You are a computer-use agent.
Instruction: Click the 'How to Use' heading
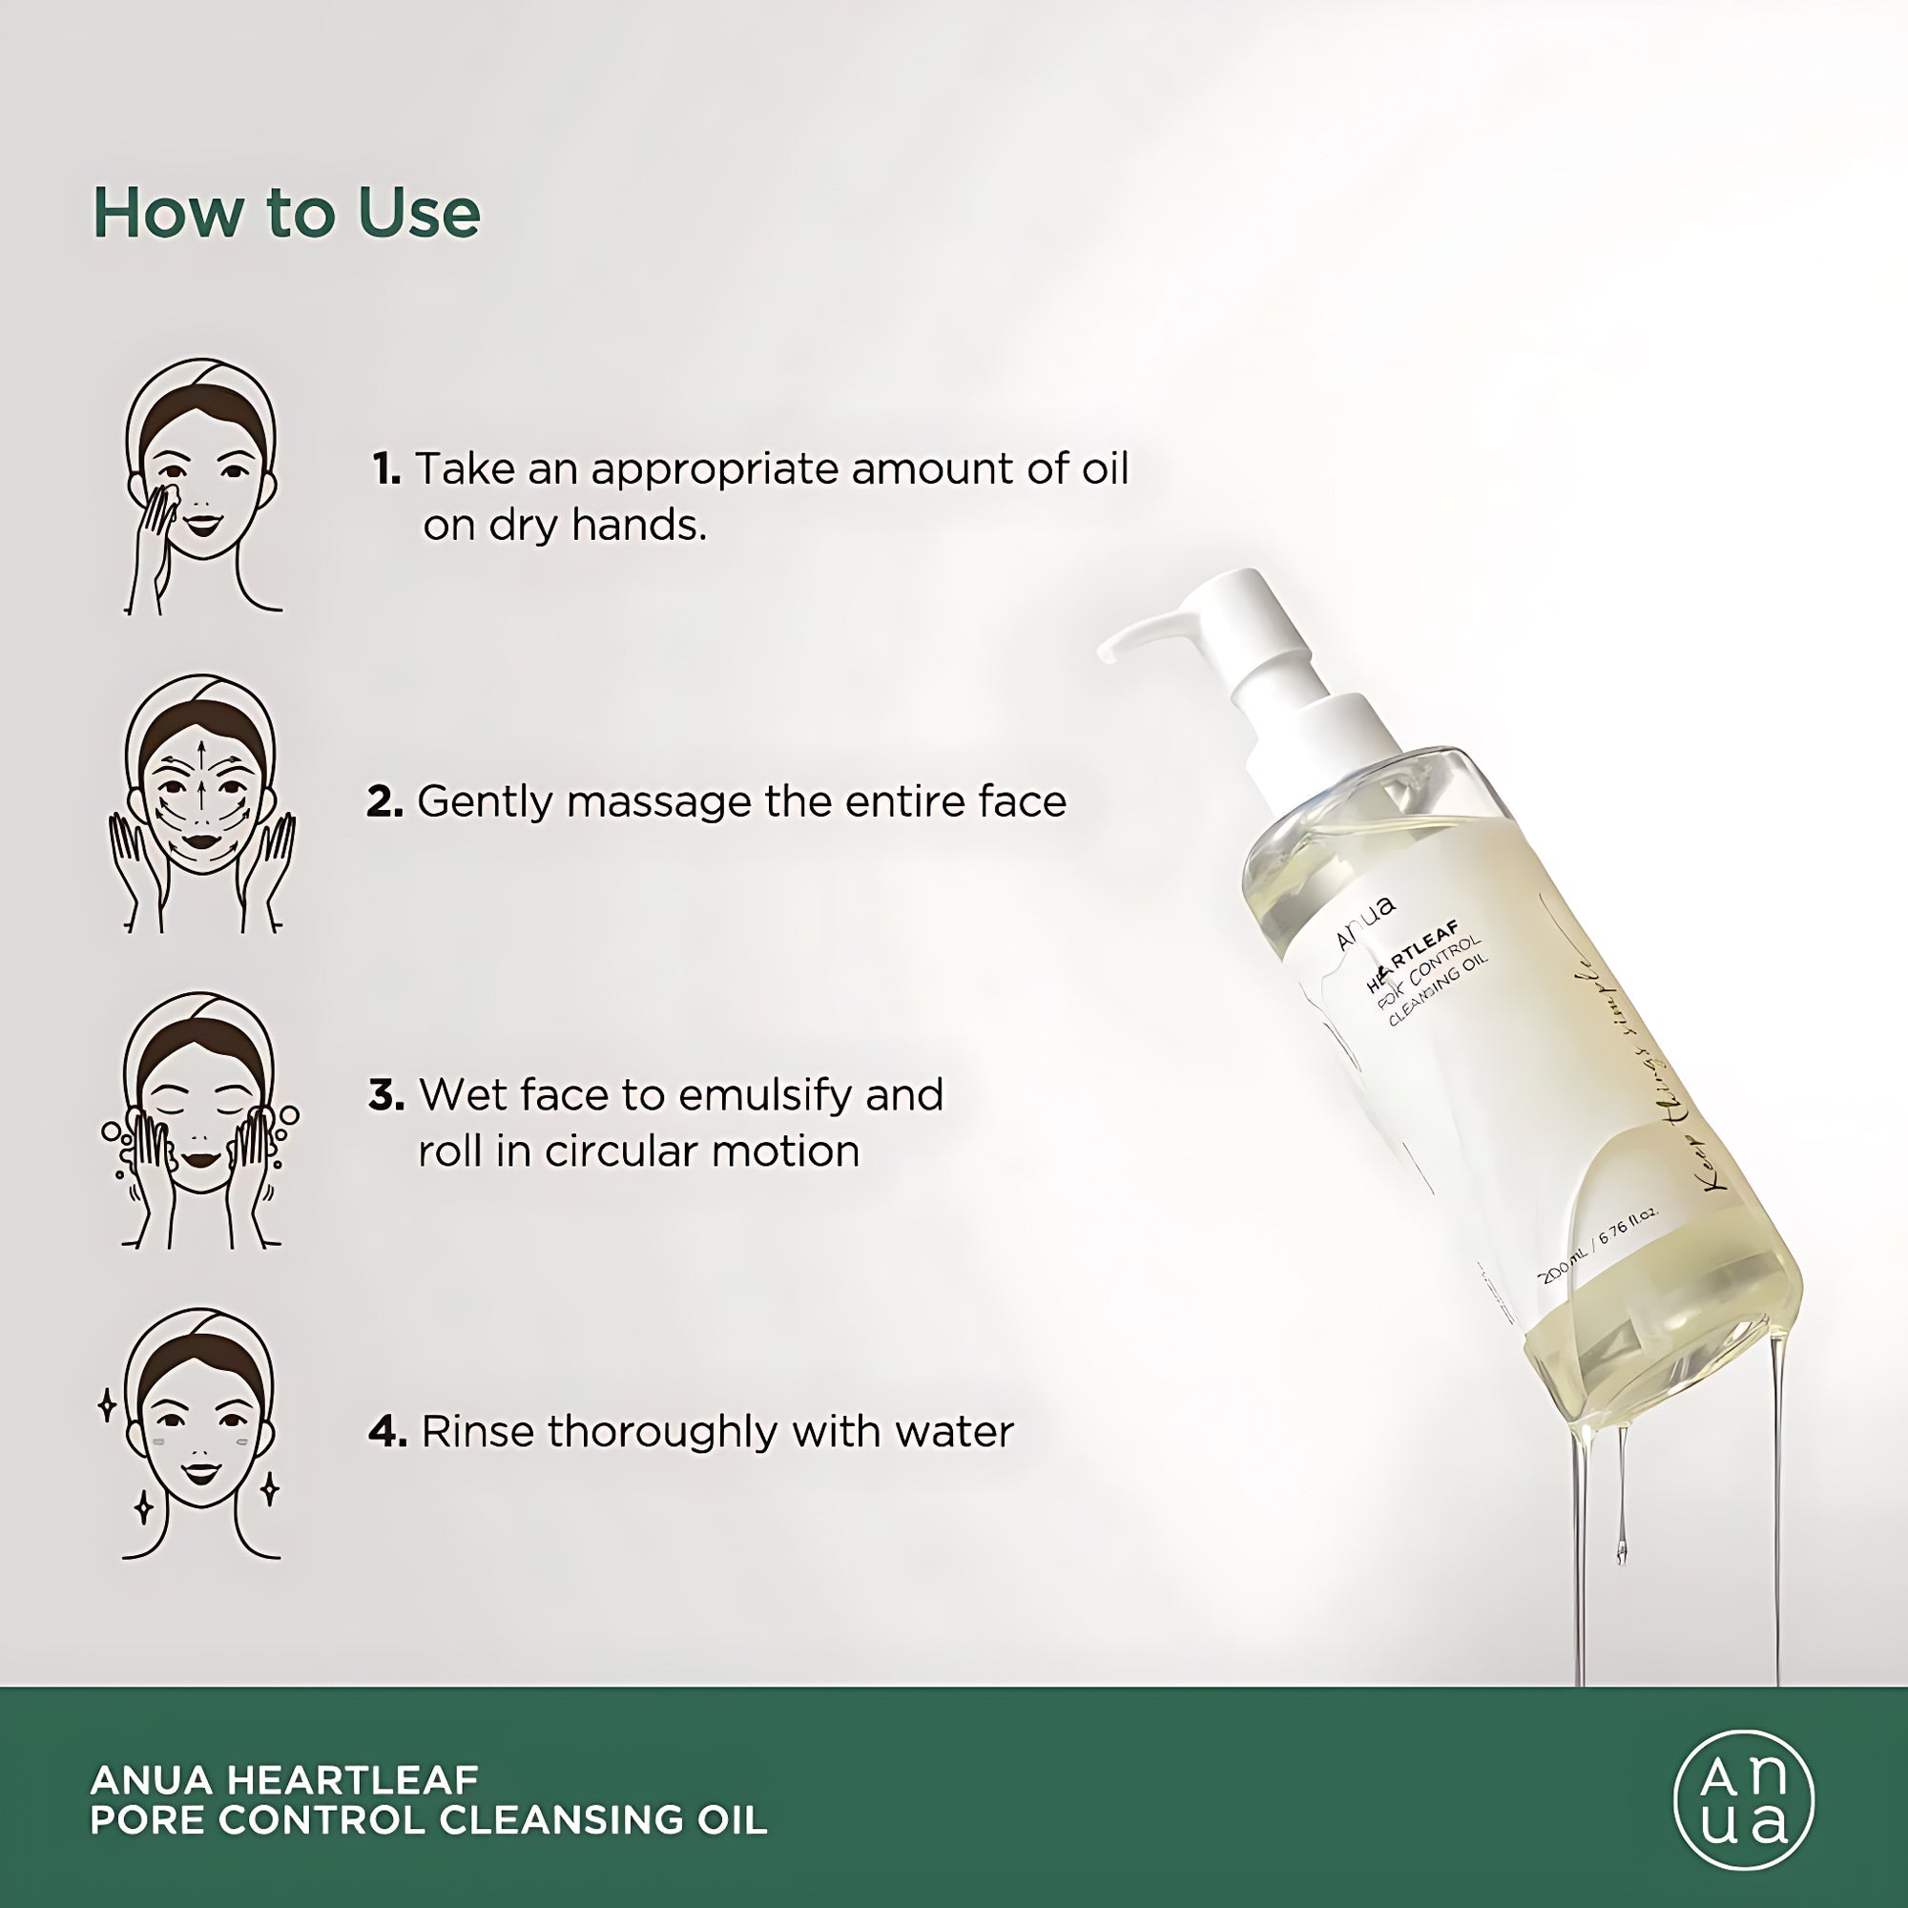point(286,214)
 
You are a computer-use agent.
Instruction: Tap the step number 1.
point(386,469)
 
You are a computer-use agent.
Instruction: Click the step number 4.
point(386,1433)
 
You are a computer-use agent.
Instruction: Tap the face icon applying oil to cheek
point(200,486)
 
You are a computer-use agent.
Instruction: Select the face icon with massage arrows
point(200,803)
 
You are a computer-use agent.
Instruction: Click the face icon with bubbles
point(200,1121)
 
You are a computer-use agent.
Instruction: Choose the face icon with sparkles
point(200,1435)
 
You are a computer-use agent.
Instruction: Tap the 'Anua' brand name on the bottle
point(1365,922)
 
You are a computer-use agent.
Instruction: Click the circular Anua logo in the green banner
point(1744,1799)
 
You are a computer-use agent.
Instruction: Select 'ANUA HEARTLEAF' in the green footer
point(284,1778)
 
